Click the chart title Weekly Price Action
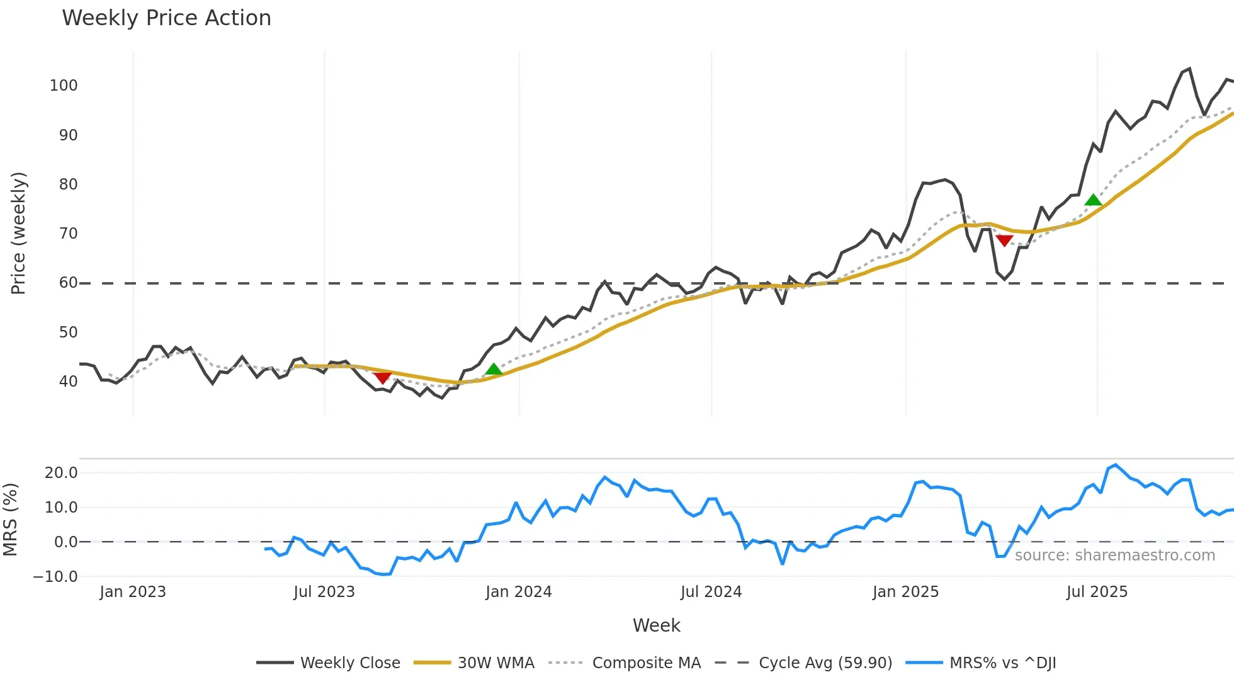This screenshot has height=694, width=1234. coord(166,18)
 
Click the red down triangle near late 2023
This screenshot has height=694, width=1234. coord(382,378)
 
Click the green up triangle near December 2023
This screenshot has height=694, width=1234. coord(494,369)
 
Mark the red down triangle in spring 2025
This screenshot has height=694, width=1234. coord(1004,241)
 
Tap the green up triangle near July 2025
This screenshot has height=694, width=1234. coord(1094,200)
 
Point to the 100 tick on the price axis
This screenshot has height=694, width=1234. coord(64,86)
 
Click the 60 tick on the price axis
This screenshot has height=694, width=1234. coord(68,283)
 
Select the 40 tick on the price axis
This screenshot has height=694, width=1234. coord(68,382)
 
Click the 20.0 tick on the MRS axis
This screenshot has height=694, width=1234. coord(61,473)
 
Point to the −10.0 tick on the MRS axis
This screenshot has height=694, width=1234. coord(55,577)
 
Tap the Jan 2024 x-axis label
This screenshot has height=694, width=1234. coord(519,592)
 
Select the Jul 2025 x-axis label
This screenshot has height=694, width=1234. coord(1097,592)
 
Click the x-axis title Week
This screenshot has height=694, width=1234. coord(656,625)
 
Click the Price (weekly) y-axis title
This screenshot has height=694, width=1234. coord(18,233)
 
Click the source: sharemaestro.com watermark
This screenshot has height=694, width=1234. coord(1114,555)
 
